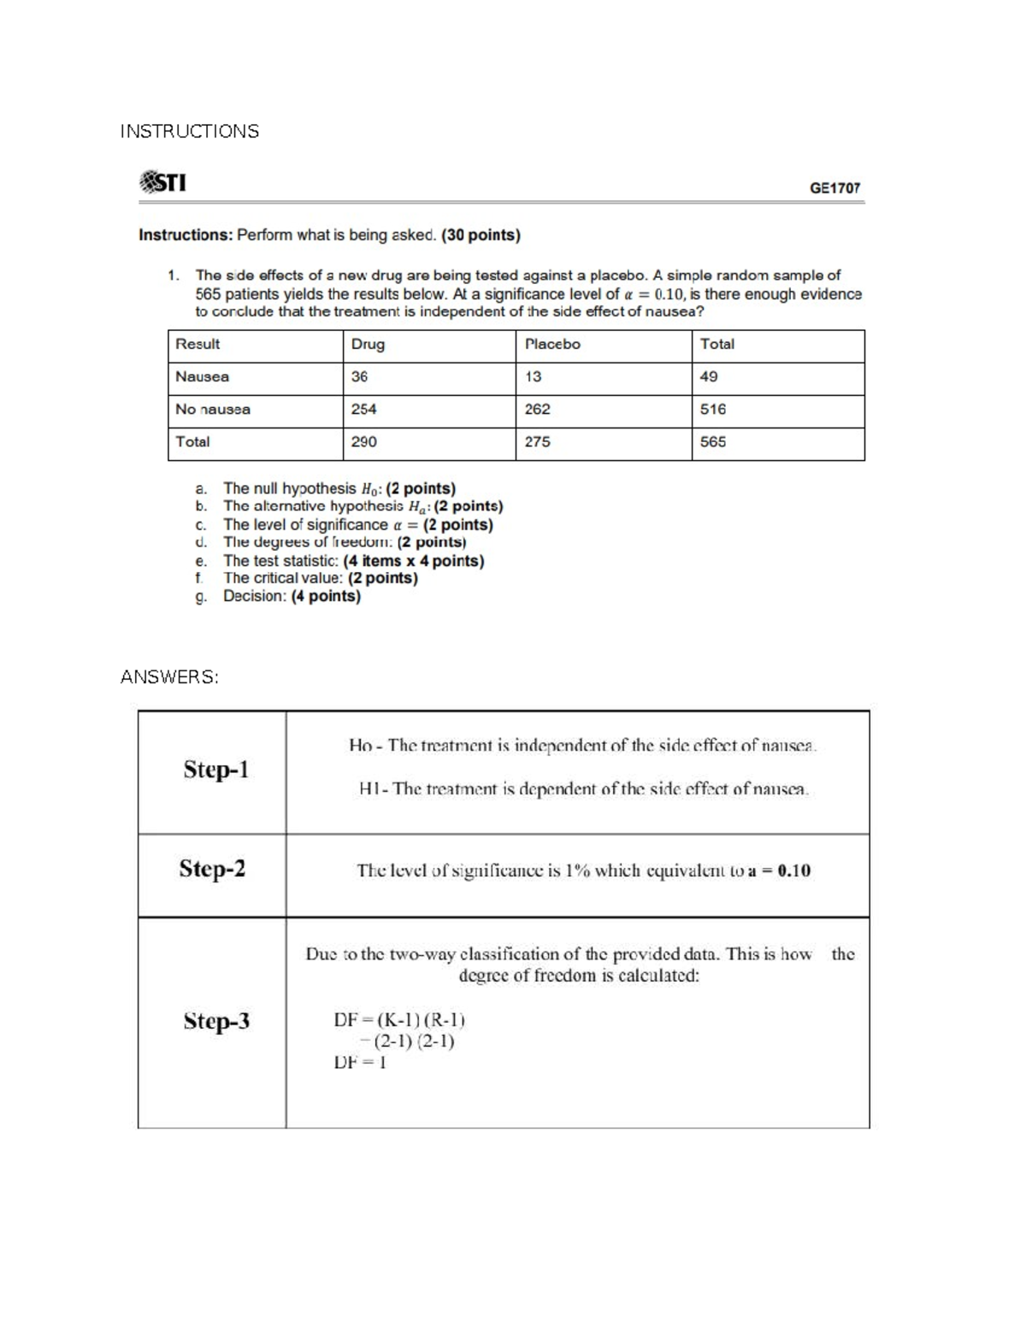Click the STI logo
coord(162,182)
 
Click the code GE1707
coord(834,187)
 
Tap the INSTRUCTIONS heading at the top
coord(189,131)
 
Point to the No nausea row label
coord(213,409)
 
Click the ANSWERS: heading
coord(169,677)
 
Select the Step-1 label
coord(215,770)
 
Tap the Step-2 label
coord(212,869)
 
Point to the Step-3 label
coord(216,1021)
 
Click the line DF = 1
coord(360,1062)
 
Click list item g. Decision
coord(291,596)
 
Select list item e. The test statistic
coord(352,561)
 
